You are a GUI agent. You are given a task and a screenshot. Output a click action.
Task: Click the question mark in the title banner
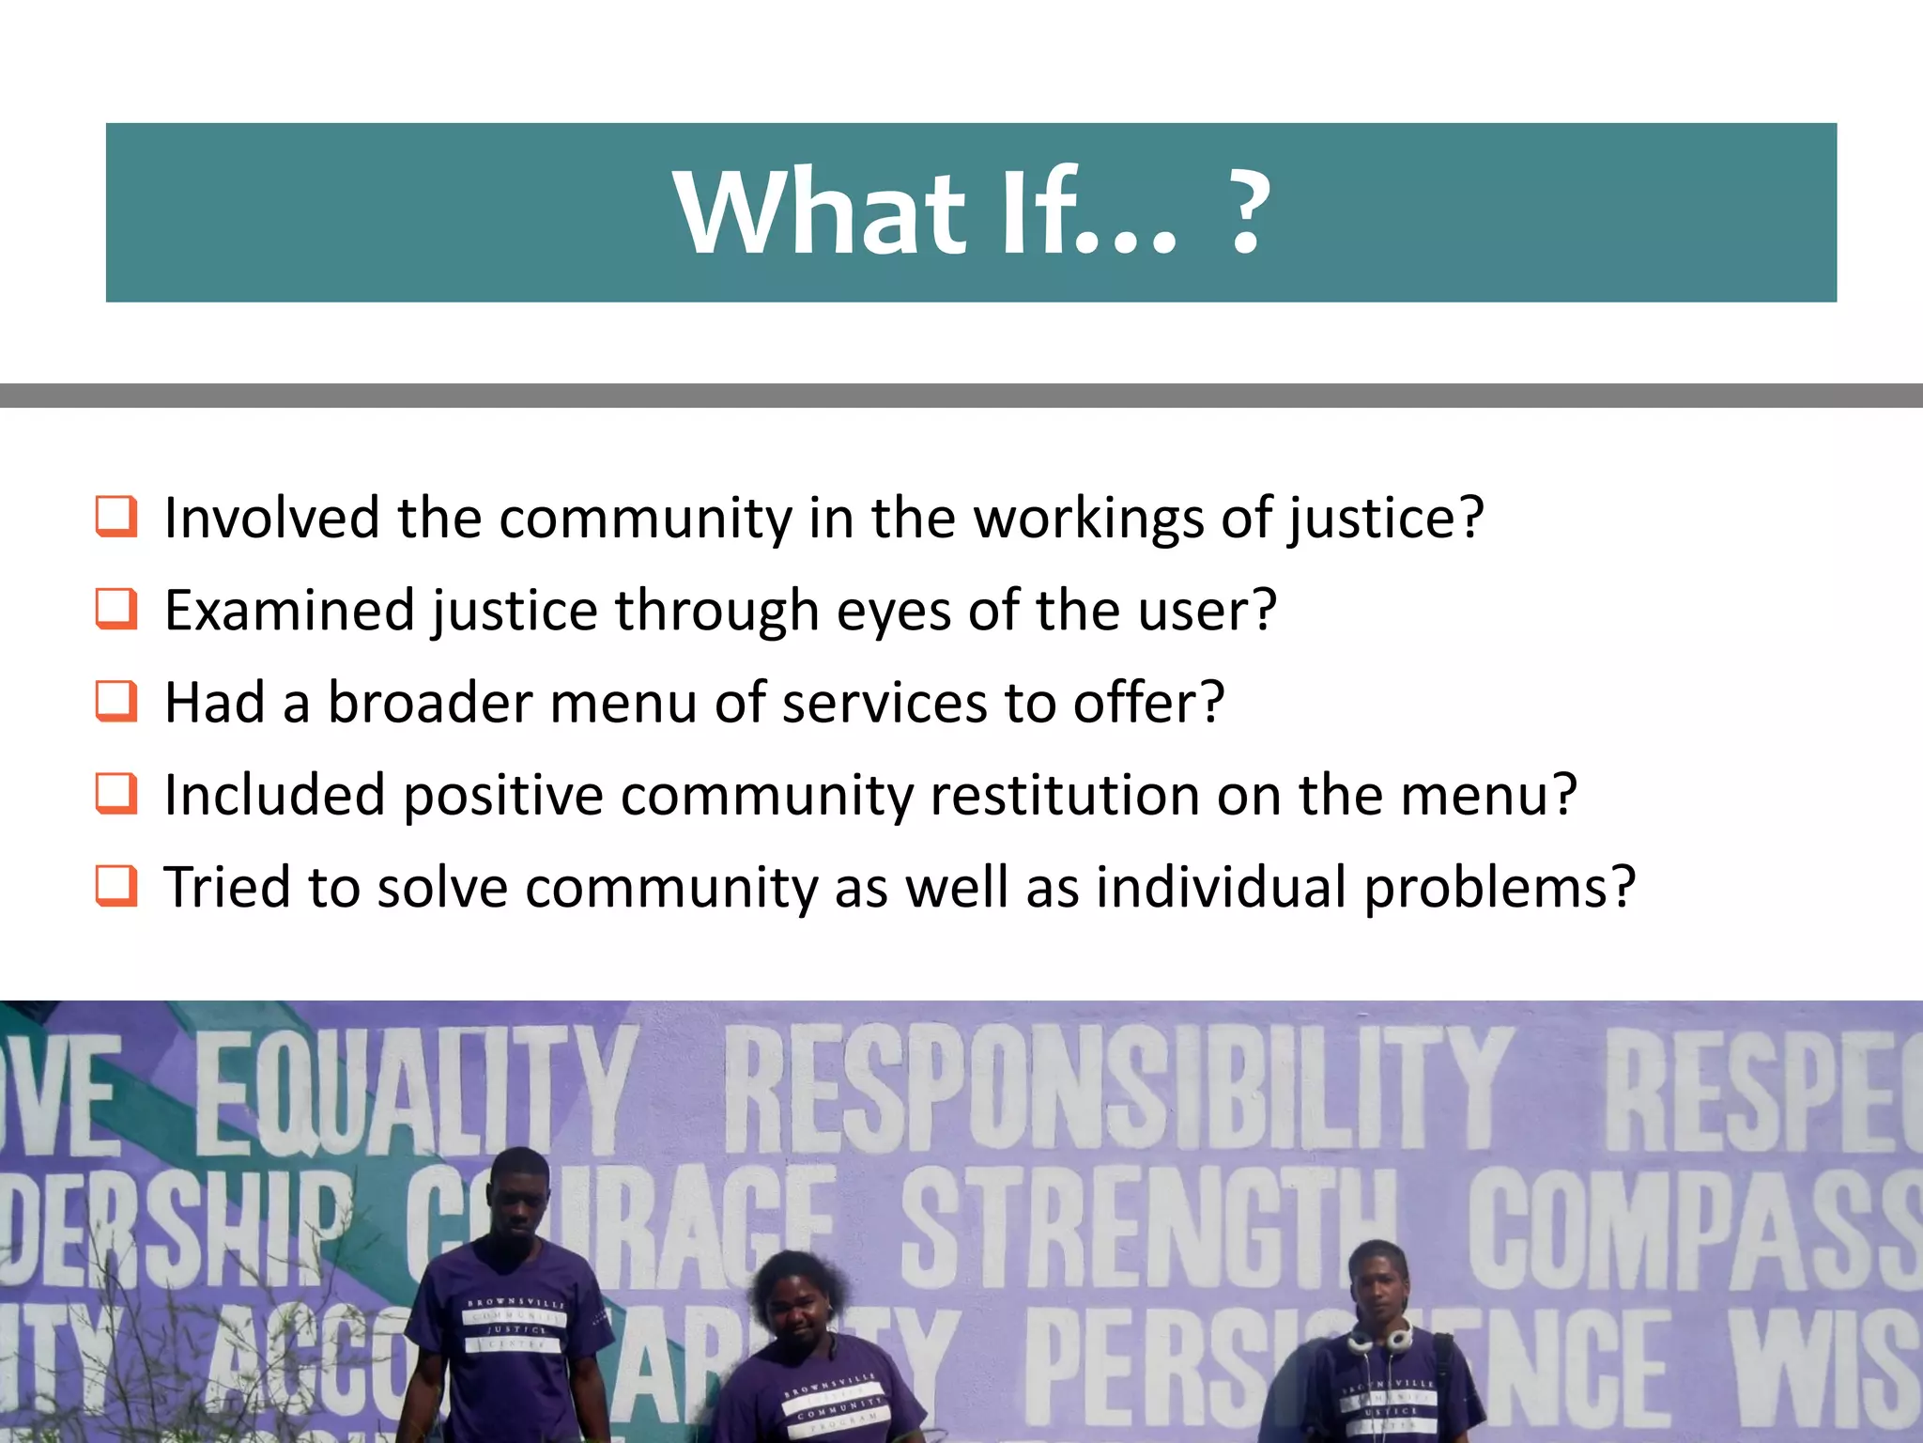(x=1246, y=214)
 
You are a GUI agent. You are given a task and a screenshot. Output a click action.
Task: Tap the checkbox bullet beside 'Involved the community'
(x=116, y=518)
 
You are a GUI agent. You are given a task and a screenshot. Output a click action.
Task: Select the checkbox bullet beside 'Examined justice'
(x=116, y=610)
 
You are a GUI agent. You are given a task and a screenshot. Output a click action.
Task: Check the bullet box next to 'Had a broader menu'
(x=116, y=702)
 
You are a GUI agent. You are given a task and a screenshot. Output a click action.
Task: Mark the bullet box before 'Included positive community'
(x=116, y=794)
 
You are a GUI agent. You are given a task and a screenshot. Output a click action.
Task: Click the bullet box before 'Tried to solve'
(x=116, y=886)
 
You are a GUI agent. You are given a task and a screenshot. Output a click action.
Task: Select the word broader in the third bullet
(x=430, y=703)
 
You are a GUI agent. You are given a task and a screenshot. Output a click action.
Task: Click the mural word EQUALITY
(x=413, y=1090)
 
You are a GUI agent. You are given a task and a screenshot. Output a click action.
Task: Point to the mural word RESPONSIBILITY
(x=1117, y=1090)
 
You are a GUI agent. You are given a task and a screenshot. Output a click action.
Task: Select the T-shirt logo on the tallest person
(x=515, y=1325)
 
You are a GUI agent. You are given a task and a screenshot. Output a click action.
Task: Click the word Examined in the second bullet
(x=289, y=612)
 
